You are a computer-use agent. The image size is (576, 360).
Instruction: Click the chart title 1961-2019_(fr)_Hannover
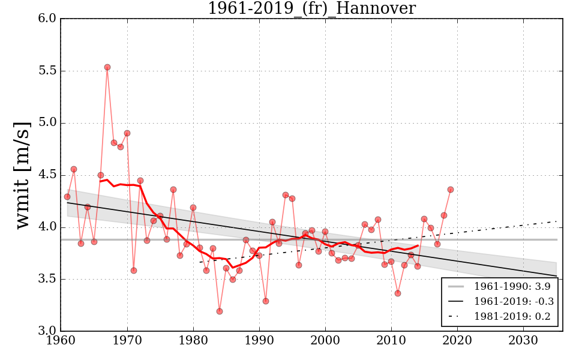point(311,8)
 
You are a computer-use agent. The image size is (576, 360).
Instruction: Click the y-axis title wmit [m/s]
point(23,174)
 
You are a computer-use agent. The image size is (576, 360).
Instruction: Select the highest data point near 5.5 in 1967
point(107,67)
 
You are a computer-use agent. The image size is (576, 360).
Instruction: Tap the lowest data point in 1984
point(220,311)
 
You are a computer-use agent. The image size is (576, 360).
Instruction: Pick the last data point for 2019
point(451,190)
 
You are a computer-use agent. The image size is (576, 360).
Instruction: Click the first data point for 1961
point(67,197)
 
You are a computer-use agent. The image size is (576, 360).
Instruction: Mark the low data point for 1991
point(266,301)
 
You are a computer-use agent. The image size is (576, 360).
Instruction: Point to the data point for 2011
point(398,293)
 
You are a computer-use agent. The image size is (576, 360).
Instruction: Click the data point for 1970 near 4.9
point(127,133)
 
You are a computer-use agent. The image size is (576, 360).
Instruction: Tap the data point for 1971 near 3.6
point(134,271)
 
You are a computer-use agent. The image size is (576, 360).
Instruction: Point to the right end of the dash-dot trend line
point(557,221)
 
